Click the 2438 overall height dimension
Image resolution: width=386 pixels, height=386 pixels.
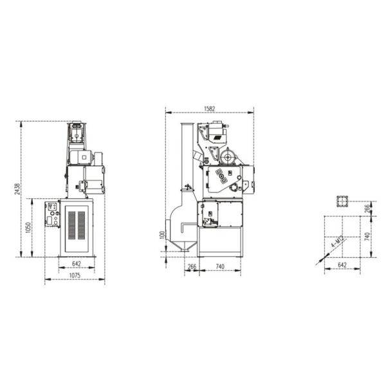pyautogui.click(x=17, y=188)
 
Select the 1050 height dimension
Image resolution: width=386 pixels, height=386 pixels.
pyautogui.click(x=28, y=228)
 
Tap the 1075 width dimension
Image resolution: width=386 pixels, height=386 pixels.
pyautogui.click(x=75, y=275)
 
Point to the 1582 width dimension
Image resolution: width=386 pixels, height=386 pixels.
pyautogui.click(x=210, y=109)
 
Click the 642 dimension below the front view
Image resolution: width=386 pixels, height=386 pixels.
pyautogui.click(x=77, y=264)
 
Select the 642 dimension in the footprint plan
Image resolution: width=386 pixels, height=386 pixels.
pyautogui.click(x=342, y=265)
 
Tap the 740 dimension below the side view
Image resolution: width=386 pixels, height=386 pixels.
pyautogui.click(x=220, y=266)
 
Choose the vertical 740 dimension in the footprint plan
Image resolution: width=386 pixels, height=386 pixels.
pyautogui.click(x=367, y=237)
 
